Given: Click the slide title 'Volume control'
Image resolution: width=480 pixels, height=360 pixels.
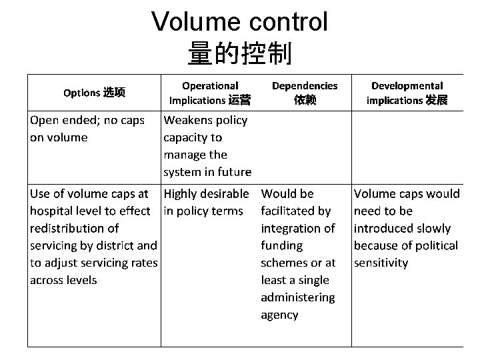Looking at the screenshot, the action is point(239,22).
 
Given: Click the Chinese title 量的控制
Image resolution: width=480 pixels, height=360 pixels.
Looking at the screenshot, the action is point(239,54).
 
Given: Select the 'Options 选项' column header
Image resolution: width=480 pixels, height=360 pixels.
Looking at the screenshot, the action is point(94,92).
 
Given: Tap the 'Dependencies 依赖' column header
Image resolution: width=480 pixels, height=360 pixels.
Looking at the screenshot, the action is point(305,93).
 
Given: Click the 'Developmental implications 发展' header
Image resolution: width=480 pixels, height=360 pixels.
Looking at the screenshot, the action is point(407,93).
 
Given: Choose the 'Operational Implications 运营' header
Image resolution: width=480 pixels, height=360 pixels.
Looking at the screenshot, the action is point(210,93).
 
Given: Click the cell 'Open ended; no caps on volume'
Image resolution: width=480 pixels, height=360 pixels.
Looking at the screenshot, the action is point(87,129).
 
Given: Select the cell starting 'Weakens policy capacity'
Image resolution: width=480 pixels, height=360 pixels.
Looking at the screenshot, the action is point(207,146).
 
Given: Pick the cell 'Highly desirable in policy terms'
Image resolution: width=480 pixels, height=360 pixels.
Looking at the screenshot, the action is point(203,203).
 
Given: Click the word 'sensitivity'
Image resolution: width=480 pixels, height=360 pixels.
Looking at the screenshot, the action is point(381,263).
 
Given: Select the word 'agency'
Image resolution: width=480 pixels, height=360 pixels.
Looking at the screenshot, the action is point(279,315).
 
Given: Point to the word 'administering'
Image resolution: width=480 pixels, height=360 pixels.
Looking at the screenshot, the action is point(298,297).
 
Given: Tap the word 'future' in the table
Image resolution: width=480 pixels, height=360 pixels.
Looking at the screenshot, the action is point(234,172).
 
